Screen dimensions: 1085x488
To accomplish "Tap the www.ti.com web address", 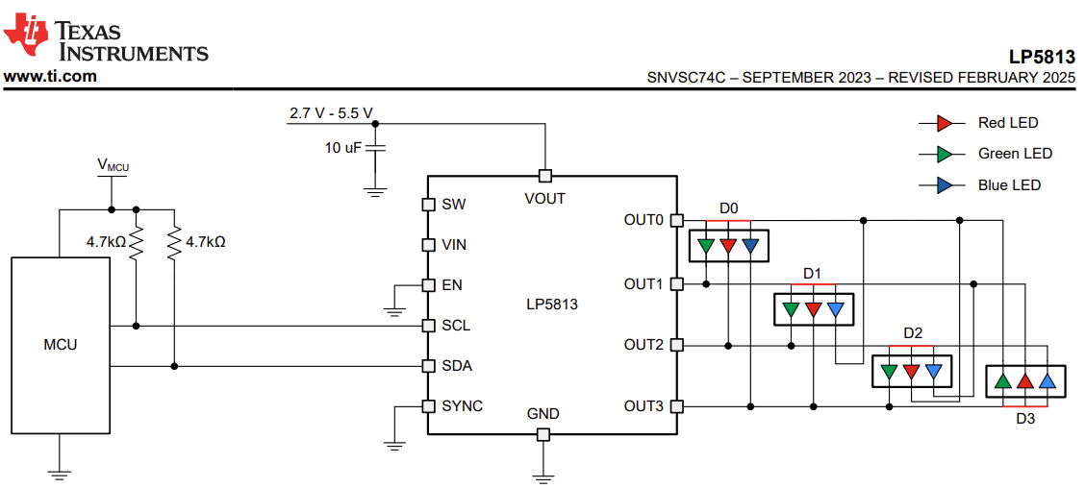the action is [51, 76].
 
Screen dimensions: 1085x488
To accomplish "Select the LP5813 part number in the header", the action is [1043, 57].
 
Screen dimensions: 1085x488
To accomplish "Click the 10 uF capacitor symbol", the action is [375, 148].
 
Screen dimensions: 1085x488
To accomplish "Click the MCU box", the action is [61, 346].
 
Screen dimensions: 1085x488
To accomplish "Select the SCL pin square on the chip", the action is [428, 325].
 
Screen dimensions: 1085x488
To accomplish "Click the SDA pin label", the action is [457, 366].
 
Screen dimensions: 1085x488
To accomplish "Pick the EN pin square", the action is [428, 284].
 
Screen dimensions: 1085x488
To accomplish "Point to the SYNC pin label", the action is [463, 405].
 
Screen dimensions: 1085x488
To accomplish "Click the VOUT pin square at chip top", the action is [544, 176].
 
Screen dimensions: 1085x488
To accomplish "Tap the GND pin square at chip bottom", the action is [543, 434].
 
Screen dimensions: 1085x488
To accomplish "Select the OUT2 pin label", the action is [643, 344].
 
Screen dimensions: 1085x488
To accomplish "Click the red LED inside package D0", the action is [728, 245].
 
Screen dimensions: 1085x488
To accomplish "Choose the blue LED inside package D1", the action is [836, 309].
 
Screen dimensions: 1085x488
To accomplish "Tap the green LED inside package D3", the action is [1002, 380].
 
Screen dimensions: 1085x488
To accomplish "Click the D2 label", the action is [913, 333].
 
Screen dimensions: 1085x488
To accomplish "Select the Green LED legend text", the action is [1015, 154].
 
